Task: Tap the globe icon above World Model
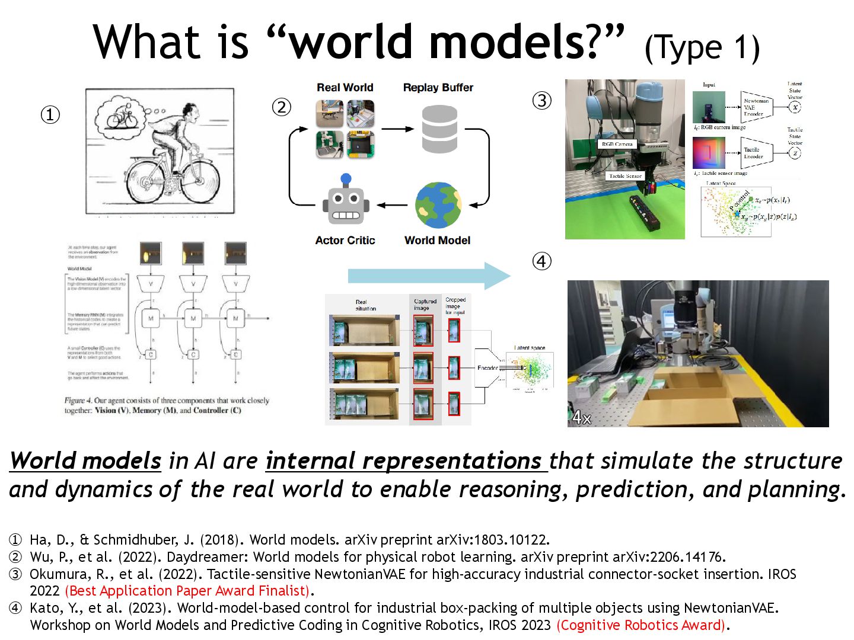[x=438, y=205]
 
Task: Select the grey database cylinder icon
[x=439, y=129]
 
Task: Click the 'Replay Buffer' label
[x=438, y=88]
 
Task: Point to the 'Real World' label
[x=345, y=88]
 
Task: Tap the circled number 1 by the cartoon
[x=50, y=114]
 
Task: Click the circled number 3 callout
[x=541, y=101]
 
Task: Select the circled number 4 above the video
[x=541, y=261]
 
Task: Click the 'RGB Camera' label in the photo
[x=617, y=144]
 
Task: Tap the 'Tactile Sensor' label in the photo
[x=625, y=176]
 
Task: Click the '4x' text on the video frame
[x=582, y=418]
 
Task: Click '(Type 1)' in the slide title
[x=702, y=47]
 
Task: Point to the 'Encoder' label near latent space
[x=488, y=368]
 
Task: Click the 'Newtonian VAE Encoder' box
[x=756, y=107]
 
